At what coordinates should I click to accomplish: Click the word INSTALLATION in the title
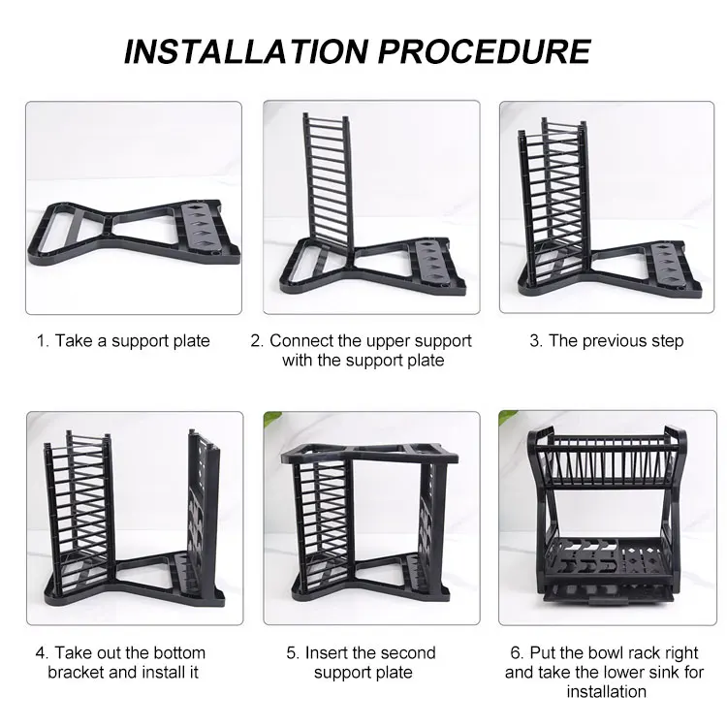point(246,51)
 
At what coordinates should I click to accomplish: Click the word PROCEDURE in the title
point(485,51)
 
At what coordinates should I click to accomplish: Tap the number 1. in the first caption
point(43,341)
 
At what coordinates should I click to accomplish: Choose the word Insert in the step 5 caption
point(326,652)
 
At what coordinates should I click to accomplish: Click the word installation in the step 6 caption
point(607,692)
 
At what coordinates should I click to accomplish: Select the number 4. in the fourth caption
point(43,652)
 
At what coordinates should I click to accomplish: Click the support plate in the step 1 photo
point(135,232)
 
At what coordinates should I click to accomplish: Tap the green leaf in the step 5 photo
point(273,417)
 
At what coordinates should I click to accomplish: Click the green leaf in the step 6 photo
point(508,416)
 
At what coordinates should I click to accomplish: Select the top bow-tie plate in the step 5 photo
point(370,453)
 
